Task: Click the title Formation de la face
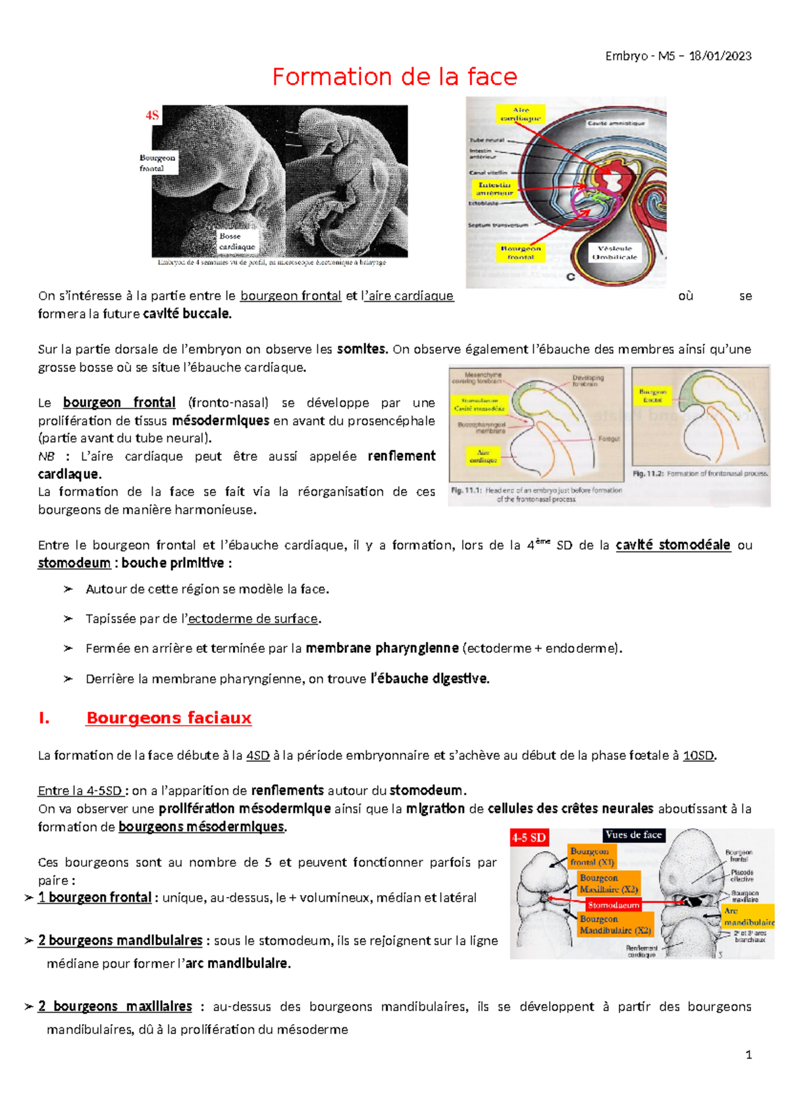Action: click(x=394, y=77)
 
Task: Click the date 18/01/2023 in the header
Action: click(x=720, y=56)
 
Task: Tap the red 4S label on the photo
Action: click(x=152, y=116)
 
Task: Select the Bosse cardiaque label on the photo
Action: click(x=237, y=241)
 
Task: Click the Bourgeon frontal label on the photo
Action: click(x=157, y=163)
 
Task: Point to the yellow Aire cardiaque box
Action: click(x=520, y=114)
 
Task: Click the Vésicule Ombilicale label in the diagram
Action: click(x=614, y=253)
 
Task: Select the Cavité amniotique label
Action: click(x=616, y=123)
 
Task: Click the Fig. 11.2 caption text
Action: click(x=700, y=474)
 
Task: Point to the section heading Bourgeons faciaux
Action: click(x=169, y=718)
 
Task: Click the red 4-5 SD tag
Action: click(x=529, y=838)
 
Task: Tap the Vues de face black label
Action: click(x=633, y=834)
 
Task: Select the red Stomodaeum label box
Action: click(x=613, y=905)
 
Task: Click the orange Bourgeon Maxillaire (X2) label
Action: click(x=608, y=883)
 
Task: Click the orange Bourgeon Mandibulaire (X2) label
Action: click(x=615, y=925)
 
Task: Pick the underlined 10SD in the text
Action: click(x=698, y=755)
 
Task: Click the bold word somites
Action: click(x=361, y=349)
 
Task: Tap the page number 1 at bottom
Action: click(x=749, y=1054)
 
